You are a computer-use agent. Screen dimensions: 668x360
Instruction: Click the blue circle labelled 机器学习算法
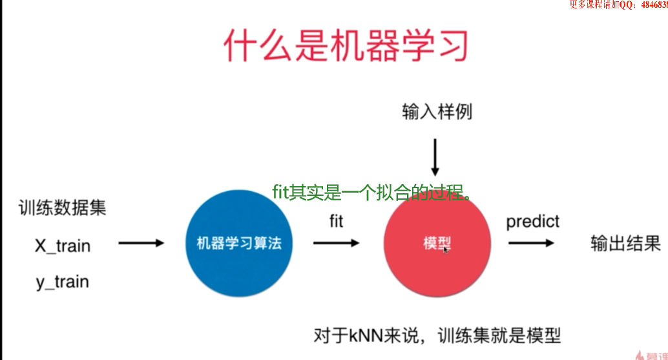point(235,244)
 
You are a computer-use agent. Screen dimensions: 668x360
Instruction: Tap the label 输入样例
point(437,112)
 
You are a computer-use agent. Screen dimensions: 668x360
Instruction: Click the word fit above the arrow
point(336,221)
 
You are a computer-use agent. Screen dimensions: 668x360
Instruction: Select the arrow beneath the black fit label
point(336,243)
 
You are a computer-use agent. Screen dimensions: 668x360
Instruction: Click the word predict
point(532,222)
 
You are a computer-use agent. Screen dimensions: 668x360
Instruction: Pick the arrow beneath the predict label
point(530,243)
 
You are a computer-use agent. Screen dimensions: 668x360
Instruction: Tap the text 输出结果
point(625,244)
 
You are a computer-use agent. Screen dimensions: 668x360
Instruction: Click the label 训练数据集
point(62,208)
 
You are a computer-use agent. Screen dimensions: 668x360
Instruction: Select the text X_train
point(63,246)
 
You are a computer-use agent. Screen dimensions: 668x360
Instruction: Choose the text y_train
point(62,282)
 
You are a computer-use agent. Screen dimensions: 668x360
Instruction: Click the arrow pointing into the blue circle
point(141,243)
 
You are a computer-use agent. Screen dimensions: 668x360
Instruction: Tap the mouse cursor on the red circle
point(446,249)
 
